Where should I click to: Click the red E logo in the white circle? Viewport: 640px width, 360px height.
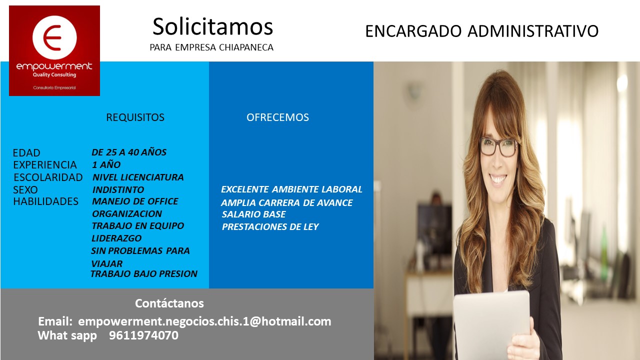pos(52,37)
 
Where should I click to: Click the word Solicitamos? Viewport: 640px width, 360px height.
pos(213,26)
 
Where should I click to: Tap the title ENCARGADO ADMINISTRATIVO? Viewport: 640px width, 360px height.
pos(481,31)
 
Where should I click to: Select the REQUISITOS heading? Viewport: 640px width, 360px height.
pos(135,117)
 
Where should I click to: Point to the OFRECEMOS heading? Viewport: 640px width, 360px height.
pos(277,117)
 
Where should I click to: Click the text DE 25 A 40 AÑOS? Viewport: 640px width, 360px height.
pos(129,152)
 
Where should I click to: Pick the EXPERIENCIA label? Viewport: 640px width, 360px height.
pos(45,165)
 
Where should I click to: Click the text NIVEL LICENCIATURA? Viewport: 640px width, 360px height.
pos(138,177)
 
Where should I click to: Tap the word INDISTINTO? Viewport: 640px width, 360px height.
pos(118,189)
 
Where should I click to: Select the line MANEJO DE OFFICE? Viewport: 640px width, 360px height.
pos(135,201)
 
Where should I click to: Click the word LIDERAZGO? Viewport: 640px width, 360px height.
pos(116,238)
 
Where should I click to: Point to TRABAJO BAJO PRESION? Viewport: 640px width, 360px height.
pos(144,273)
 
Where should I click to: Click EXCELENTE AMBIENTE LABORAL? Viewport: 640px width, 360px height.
pos(291,189)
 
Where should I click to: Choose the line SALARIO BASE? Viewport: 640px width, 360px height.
pos(253,214)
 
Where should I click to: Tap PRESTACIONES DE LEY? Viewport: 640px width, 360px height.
pos(270,227)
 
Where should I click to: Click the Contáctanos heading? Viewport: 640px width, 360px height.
pos(169,303)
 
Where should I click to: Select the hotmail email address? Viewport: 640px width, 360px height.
pos(204,321)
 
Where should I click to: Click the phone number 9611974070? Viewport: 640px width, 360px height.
pos(143,335)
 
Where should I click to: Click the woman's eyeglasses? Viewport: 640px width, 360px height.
pos(498,147)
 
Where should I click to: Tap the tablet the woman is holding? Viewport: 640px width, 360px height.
pos(491,324)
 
